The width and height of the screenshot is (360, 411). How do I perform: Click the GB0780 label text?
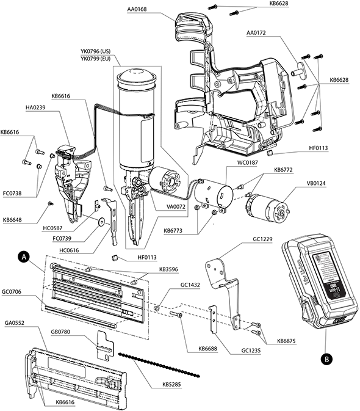[x=62, y=332]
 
